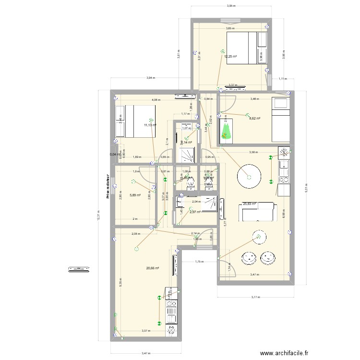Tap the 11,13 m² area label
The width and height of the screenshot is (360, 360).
pos(150,125)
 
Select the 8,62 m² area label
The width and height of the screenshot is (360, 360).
pos(254,119)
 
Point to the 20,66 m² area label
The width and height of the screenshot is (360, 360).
pos(153,269)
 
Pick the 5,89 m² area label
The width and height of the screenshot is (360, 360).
pos(135,195)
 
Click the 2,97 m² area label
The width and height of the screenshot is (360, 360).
pos(194,212)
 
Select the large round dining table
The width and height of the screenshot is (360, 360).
pos(249,176)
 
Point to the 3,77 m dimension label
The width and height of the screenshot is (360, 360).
pos(254,297)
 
